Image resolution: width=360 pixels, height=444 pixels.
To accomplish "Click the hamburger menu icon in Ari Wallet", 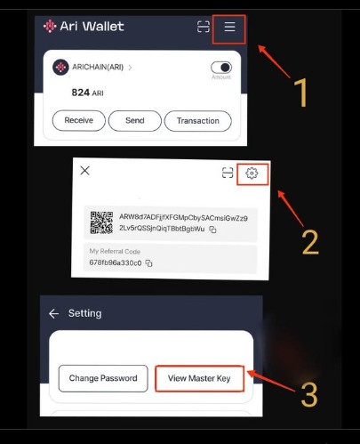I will (x=229, y=28).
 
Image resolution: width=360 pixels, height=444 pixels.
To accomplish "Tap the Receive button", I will (x=78, y=121).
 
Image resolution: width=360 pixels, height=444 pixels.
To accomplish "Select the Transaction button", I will (x=197, y=121).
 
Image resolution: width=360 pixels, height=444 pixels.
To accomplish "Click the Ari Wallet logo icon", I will (x=50, y=27).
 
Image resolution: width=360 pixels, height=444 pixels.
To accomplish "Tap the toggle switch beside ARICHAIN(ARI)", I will (x=220, y=68).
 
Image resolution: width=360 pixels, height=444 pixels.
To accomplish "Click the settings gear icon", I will (x=252, y=174).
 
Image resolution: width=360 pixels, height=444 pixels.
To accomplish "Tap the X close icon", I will (x=85, y=171).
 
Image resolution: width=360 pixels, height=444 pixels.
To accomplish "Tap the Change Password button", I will (x=103, y=378).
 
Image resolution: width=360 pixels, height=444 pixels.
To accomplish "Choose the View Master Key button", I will (x=199, y=378).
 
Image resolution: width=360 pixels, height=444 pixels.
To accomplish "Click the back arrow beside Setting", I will (x=54, y=314).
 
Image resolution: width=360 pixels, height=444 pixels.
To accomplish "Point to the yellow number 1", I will (x=300, y=93).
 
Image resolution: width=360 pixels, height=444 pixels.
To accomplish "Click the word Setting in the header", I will (x=85, y=314).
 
